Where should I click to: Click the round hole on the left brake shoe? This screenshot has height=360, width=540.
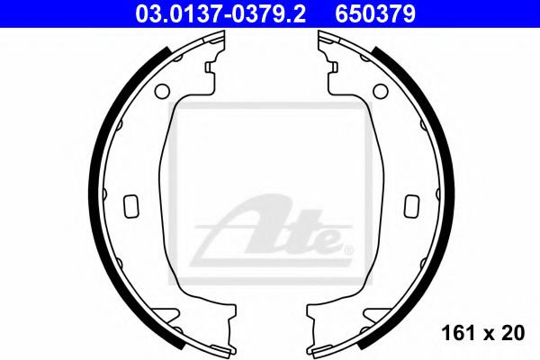tap(162, 90)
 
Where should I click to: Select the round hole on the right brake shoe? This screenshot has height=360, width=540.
tap(378, 90)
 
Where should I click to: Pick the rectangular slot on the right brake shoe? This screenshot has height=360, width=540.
tap(412, 204)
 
